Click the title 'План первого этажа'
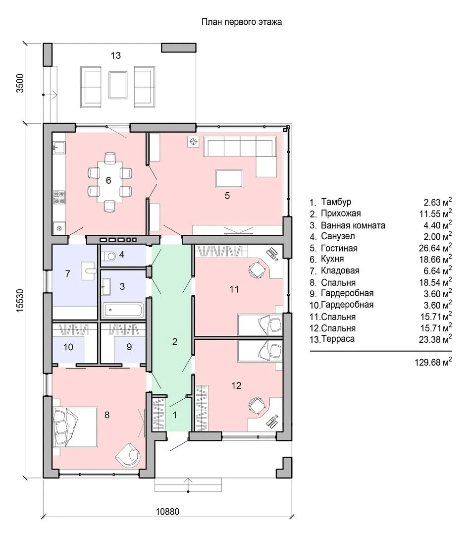pyautogui.click(x=242, y=22)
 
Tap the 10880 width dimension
pyautogui.click(x=167, y=512)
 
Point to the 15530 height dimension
pyautogui.click(x=20, y=300)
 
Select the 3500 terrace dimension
pyautogui.click(x=20, y=83)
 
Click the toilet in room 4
pyautogui.click(x=108, y=256)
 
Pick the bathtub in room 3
pyautogui.click(x=123, y=310)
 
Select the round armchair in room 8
pyautogui.click(x=129, y=453)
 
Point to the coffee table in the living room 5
pyautogui.click(x=229, y=179)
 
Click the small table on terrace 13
pyautogui.click(x=118, y=85)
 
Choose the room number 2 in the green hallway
pyautogui.click(x=175, y=341)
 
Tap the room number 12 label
pyautogui.click(x=236, y=385)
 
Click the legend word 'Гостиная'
pyautogui.click(x=339, y=248)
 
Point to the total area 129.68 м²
pyautogui.click(x=433, y=362)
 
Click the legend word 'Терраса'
pyautogui.click(x=338, y=339)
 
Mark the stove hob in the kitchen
pyautogui.click(x=59, y=197)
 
